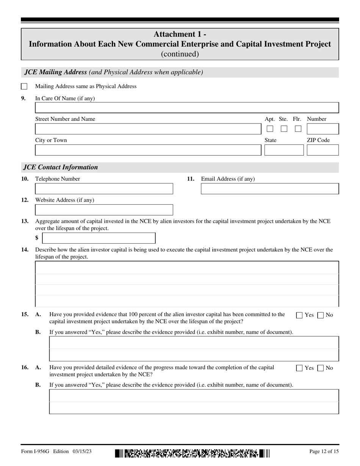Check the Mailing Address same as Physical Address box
(24, 86)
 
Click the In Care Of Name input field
(187, 108)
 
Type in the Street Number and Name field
(148, 129)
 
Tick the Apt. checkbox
(270, 129)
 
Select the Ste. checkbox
(284, 129)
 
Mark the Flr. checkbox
(298, 129)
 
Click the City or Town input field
(148, 150)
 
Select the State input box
(284, 150)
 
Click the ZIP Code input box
(322, 150)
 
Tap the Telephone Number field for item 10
(104, 189)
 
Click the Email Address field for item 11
(269, 189)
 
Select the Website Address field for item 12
(104, 210)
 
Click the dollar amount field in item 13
(99, 238)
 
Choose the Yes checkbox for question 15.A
(299, 315)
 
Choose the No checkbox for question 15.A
(321, 315)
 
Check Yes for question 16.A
(299, 368)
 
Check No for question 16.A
(321, 368)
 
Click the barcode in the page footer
(192, 453)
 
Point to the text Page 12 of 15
(324, 452)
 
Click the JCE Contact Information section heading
(61, 167)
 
